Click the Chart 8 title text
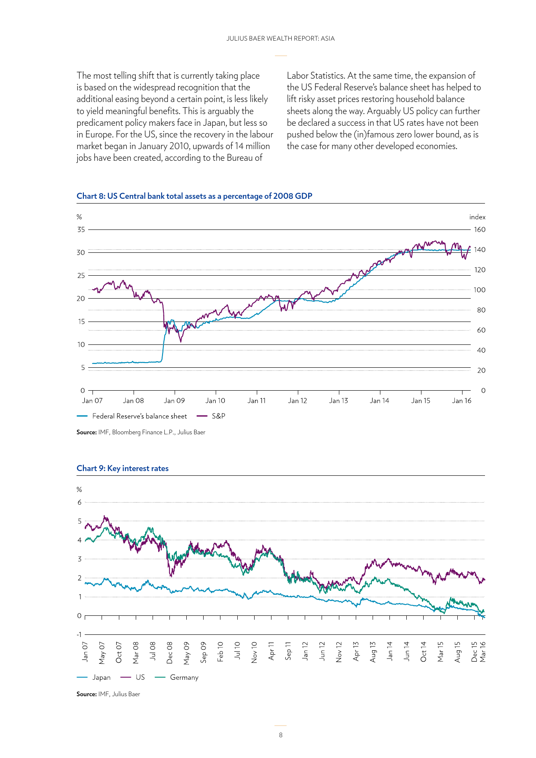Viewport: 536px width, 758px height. (194, 196)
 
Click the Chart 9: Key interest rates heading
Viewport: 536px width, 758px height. (122, 468)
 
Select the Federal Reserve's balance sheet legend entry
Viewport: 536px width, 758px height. (132, 416)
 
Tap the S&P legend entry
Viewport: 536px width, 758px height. (211, 416)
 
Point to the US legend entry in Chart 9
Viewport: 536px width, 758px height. (133, 678)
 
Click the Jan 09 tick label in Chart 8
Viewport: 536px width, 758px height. (175, 401)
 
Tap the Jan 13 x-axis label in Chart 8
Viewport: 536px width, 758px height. (338, 401)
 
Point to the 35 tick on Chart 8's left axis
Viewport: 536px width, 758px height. (81, 229)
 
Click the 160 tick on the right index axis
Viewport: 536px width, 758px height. (480, 229)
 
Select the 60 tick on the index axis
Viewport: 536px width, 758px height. (481, 330)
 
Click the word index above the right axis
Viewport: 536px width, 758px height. (477, 217)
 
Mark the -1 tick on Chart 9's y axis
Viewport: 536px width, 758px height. (79, 634)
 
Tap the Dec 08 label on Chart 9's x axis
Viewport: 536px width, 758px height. (169, 653)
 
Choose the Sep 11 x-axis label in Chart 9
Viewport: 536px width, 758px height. (288, 651)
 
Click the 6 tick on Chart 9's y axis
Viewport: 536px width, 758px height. (80, 502)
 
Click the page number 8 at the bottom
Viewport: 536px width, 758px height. (281, 735)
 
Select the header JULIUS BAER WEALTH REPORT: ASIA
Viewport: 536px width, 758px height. (281, 38)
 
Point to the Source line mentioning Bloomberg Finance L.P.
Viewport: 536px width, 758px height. (141, 432)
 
